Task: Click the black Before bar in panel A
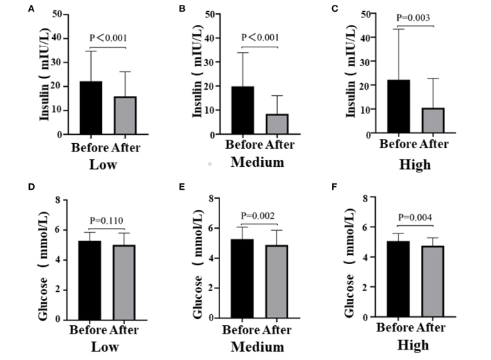91,108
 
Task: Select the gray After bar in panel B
276,124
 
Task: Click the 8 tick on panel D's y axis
65,200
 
